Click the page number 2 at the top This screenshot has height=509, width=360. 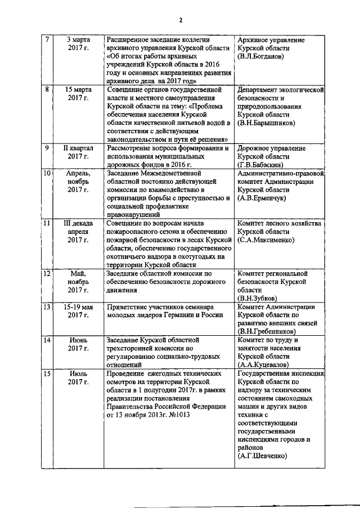click(x=181, y=20)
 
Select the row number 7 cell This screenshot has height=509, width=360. click(x=47, y=40)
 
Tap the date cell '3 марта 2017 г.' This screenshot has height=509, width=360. click(x=78, y=44)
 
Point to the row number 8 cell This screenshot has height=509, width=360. click(x=47, y=89)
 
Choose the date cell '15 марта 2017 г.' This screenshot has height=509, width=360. click(x=78, y=94)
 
